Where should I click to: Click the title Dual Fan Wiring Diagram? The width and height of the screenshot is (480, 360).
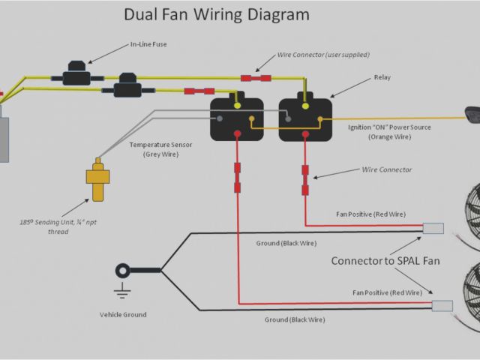(x=216, y=15)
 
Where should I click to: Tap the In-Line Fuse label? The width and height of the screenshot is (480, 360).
(x=148, y=45)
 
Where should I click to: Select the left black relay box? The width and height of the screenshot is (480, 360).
(x=237, y=119)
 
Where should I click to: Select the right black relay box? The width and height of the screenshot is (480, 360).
(x=305, y=119)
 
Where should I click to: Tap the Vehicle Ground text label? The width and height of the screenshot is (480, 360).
(x=123, y=314)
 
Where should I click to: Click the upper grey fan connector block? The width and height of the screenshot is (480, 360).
(x=433, y=229)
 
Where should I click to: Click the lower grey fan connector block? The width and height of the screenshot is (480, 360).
(x=442, y=305)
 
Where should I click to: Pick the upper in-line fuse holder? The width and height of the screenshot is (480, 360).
(x=76, y=76)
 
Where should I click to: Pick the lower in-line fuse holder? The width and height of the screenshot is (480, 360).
(x=127, y=89)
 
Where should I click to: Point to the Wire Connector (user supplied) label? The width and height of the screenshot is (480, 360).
(x=323, y=55)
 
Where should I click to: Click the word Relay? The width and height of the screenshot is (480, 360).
(x=382, y=77)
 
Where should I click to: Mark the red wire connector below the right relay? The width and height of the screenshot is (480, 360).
(x=305, y=180)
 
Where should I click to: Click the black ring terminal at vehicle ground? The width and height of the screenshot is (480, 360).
(x=122, y=270)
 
